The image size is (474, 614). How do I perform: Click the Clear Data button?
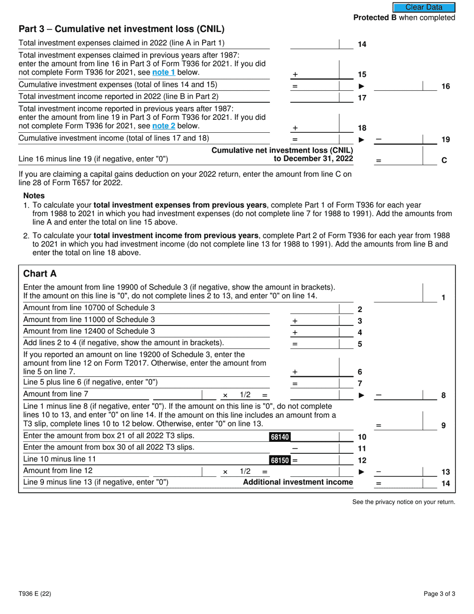pyautogui.click(x=424, y=7)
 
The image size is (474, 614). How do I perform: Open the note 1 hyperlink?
pyautogui.click(x=164, y=72)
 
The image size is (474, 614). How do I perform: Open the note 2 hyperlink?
pyautogui.click(x=164, y=126)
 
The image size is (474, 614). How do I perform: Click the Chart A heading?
pyautogui.click(x=40, y=274)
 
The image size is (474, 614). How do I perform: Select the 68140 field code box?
pyautogui.click(x=279, y=437)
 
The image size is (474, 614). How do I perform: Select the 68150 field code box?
pyautogui.click(x=279, y=460)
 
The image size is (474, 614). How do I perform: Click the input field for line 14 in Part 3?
pyautogui.click(x=314, y=44)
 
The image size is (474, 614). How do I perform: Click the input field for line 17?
pyautogui.click(x=314, y=97)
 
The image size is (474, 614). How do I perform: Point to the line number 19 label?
pyautogui.click(x=446, y=140)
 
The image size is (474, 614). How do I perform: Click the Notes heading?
pyautogui.click(x=34, y=196)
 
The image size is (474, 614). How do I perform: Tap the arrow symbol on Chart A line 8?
pyautogui.click(x=362, y=395)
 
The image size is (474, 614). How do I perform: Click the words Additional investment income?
pyautogui.click(x=298, y=482)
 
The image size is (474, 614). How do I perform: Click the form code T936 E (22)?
pyautogui.click(x=34, y=594)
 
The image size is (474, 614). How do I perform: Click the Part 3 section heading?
pyautogui.click(x=121, y=29)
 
